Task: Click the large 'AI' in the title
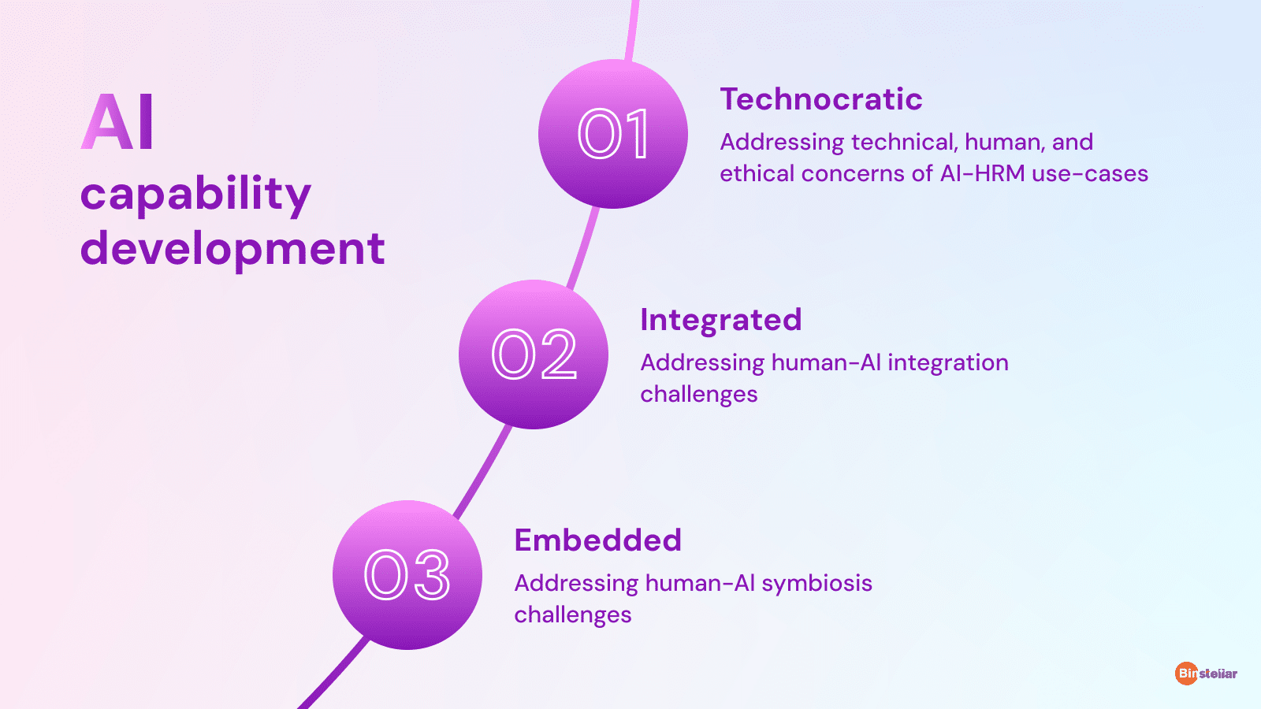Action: [x=117, y=121]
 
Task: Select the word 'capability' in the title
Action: [x=195, y=194]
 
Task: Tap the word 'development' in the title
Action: [x=232, y=249]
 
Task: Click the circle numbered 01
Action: [x=613, y=134]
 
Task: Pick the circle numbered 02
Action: [x=533, y=354]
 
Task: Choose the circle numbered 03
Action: [x=407, y=575]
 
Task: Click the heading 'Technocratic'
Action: [x=821, y=99]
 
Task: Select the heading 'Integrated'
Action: [x=720, y=320]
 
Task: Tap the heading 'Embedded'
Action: [x=598, y=540]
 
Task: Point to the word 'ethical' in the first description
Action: [x=757, y=173]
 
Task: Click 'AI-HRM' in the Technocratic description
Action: [x=982, y=173]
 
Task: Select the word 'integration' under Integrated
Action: [x=948, y=363]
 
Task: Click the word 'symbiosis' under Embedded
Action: [x=816, y=584]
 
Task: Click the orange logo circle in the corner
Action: [x=1186, y=673]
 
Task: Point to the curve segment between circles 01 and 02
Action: [x=584, y=247]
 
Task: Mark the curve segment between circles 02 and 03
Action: [x=483, y=472]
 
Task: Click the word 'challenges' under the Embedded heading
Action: [x=572, y=614]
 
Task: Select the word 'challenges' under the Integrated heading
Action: [x=698, y=394]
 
